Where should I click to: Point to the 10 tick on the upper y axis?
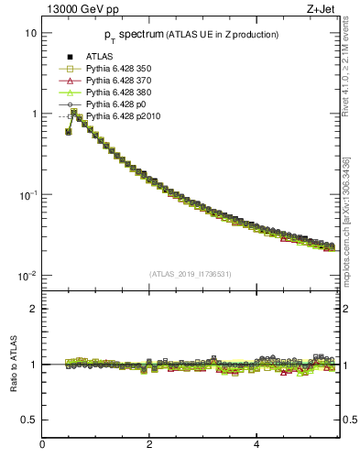coord(30,33)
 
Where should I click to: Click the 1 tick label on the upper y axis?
coord(33,115)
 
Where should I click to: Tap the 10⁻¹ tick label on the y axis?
coord(28,195)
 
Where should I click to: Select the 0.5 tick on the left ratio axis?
coord(29,420)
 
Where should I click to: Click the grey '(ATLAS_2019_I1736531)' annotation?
coord(191,273)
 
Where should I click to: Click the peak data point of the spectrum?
coord(74,112)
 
